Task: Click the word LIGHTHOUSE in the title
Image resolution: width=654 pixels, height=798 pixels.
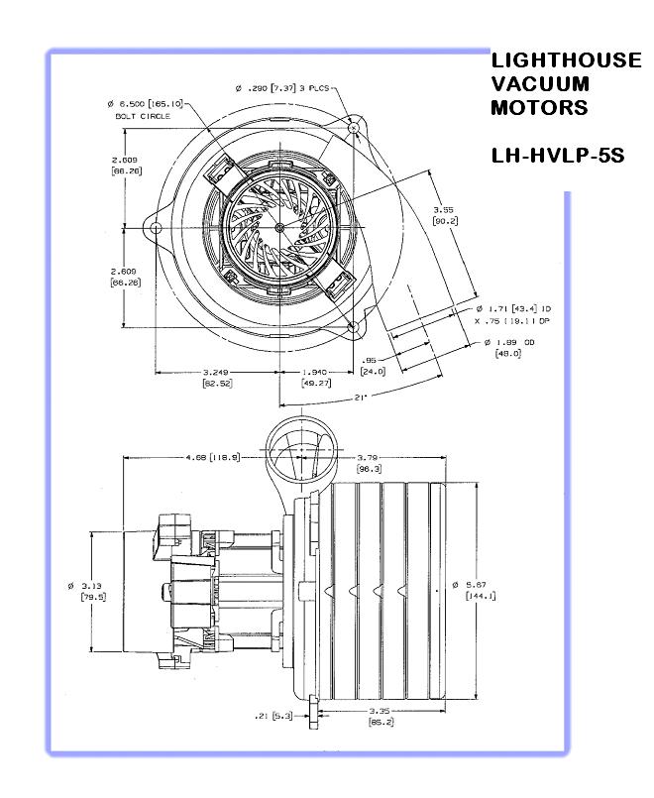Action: (x=566, y=60)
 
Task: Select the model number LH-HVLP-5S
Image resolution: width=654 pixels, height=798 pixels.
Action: (x=557, y=156)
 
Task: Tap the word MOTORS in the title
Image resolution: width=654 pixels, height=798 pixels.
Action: (x=539, y=107)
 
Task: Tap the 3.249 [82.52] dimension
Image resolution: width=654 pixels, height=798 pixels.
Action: (x=216, y=377)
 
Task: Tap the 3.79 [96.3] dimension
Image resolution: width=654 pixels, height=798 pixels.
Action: (x=371, y=463)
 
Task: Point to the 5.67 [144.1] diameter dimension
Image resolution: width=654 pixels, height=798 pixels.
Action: (x=480, y=590)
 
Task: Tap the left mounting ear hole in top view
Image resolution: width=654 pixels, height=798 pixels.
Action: (x=157, y=228)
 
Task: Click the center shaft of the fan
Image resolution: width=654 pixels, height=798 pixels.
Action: (x=279, y=228)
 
